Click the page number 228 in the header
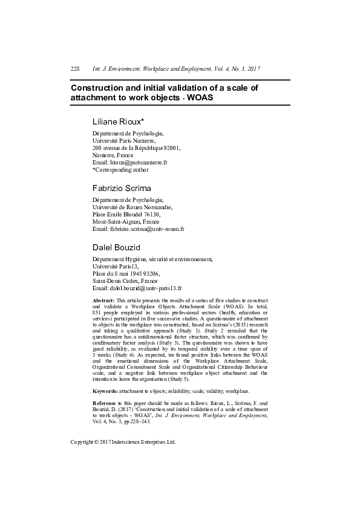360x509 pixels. (x=75, y=69)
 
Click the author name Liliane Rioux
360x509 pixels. (x=118, y=121)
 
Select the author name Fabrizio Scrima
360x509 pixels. (x=122, y=188)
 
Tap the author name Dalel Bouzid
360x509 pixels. (x=116, y=247)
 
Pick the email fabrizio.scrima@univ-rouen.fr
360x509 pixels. (x=146, y=229)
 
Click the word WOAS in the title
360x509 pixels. (x=200, y=97)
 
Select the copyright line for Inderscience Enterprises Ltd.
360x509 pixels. (x=123, y=442)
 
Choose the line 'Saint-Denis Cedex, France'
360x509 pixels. (x=125, y=281)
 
